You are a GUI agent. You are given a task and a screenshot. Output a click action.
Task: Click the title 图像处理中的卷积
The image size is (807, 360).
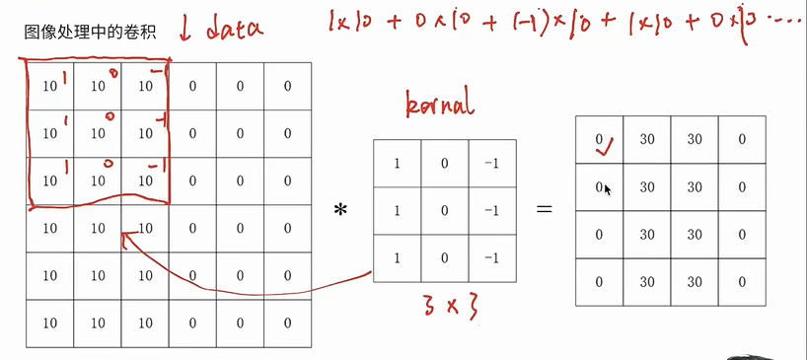tap(88, 33)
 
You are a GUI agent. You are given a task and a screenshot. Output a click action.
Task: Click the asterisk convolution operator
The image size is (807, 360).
tap(341, 209)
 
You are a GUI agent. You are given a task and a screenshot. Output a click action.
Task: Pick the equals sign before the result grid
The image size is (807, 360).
tap(543, 209)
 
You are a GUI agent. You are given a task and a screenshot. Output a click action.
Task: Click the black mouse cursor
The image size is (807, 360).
tap(608, 189)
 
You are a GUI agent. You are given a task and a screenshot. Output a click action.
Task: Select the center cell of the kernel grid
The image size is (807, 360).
tap(445, 210)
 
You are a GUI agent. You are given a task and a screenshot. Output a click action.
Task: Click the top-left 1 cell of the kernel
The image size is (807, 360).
tap(398, 163)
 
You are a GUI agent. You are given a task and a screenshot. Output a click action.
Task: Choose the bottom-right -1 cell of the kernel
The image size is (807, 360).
tap(492, 257)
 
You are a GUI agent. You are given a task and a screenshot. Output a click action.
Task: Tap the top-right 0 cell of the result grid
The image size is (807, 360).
tap(741, 139)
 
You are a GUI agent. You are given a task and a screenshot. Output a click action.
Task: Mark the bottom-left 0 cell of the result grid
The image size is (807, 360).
tap(599, 281)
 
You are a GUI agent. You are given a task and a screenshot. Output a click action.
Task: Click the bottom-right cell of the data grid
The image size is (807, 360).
tap(287, 323)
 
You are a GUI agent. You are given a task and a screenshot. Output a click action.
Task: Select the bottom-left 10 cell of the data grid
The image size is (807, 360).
tap(48, 323)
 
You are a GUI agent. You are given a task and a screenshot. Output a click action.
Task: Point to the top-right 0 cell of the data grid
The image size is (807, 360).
tap(287, 86)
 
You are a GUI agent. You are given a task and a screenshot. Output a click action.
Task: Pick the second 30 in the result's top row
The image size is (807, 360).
tap(694, 139)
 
